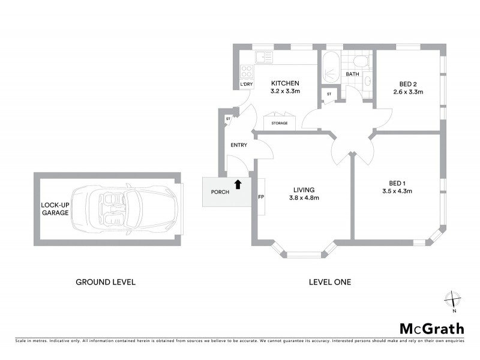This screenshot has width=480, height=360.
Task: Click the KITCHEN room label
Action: (x=285, y=83)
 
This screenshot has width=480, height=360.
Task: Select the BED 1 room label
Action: (x=397, y=183)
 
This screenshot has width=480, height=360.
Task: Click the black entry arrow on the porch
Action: (x=238, y=185)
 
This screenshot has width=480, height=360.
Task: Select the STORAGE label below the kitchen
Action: (x=280, y=123)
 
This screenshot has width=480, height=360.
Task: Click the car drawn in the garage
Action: (x=125, y=209)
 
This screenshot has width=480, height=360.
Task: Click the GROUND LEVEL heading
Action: (x=105, y=281)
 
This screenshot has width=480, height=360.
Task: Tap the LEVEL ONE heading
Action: (x=329, y=281)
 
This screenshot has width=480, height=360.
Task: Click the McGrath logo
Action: (x=431, y=328)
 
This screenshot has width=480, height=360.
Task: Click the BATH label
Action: (x=352, y=74)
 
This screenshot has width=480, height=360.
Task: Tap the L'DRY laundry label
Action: (x=245, y=84)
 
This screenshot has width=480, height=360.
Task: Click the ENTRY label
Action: (x=239, y=145)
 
